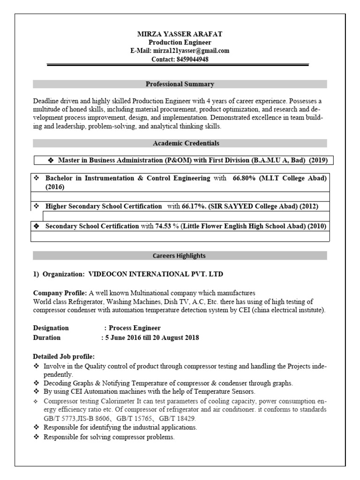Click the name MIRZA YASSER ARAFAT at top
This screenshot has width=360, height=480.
(180, 34)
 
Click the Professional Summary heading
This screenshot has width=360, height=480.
(180, 84)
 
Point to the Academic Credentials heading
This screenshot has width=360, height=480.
(180, 143)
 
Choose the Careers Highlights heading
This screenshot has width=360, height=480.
(180, 256)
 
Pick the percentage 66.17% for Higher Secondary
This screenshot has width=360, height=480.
(193, 206)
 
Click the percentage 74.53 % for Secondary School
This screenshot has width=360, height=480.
(167, 226)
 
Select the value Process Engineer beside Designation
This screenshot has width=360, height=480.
(135, 328)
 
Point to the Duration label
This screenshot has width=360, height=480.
(47, 337)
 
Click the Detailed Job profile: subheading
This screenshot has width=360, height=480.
(64, 356)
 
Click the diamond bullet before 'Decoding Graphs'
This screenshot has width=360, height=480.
(37, 383)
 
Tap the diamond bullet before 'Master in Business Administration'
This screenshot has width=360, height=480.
(51, 160)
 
